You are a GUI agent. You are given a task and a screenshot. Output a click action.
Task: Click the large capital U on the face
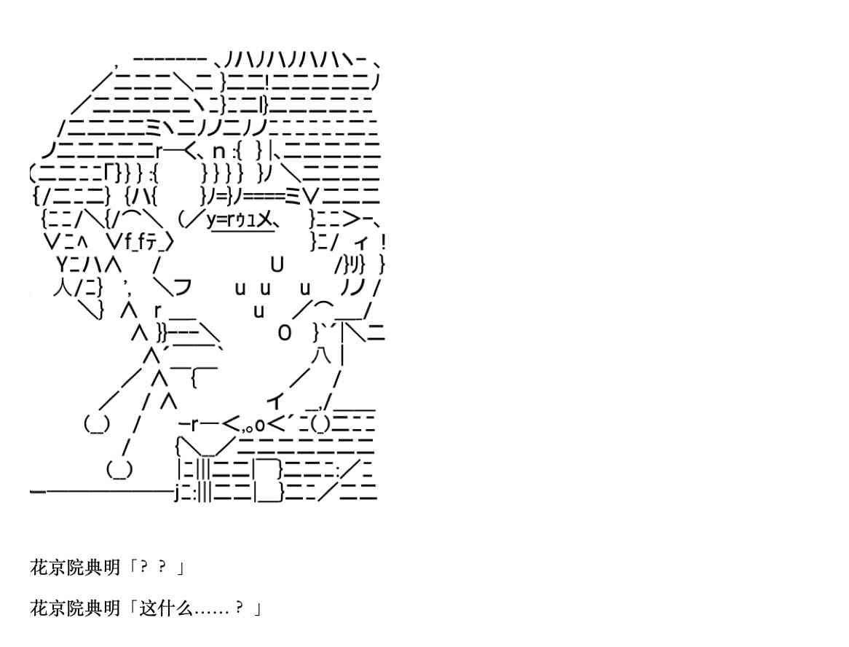277,264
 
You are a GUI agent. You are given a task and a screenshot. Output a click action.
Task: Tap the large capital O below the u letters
284,332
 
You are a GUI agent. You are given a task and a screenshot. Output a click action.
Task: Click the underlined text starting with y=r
240,220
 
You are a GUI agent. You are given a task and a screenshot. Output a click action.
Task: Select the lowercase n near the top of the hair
218,152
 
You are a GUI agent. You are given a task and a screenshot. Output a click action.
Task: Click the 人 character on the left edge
63,287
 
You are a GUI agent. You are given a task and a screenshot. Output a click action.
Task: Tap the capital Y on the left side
63,264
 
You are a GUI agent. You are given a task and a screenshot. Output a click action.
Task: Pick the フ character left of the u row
183,287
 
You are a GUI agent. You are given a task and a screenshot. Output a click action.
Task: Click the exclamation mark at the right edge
383,242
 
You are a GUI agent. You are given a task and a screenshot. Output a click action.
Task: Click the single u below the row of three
258,311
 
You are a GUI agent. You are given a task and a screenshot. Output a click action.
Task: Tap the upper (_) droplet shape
97,424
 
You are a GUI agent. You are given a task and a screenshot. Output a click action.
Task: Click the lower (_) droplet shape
119,469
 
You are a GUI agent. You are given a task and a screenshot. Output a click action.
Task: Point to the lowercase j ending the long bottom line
177,493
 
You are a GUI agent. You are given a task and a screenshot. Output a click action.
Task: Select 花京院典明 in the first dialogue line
75,568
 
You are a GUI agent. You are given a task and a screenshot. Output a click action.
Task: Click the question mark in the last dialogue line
240,608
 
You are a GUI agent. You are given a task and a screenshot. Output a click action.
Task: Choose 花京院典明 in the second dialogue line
75,608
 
